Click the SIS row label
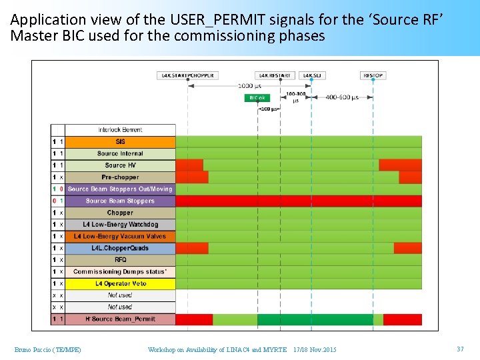(120, 142)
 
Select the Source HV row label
(120, 165)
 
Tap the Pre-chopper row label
(120, 177)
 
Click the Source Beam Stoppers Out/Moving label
(120, 189)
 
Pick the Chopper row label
(120, 213)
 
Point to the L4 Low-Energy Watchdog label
(120, 225)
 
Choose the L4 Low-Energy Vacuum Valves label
(120, 236)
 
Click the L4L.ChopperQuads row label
(120, 248)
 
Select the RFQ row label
(120, 260)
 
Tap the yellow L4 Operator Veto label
(120, 283)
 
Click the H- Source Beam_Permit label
(120, 319)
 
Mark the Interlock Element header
(120, 130)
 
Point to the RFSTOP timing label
(373, 76)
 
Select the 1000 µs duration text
(249, 86)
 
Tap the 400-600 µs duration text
(342, 97)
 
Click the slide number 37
(460, 349)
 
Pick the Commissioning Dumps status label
(120, 272)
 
